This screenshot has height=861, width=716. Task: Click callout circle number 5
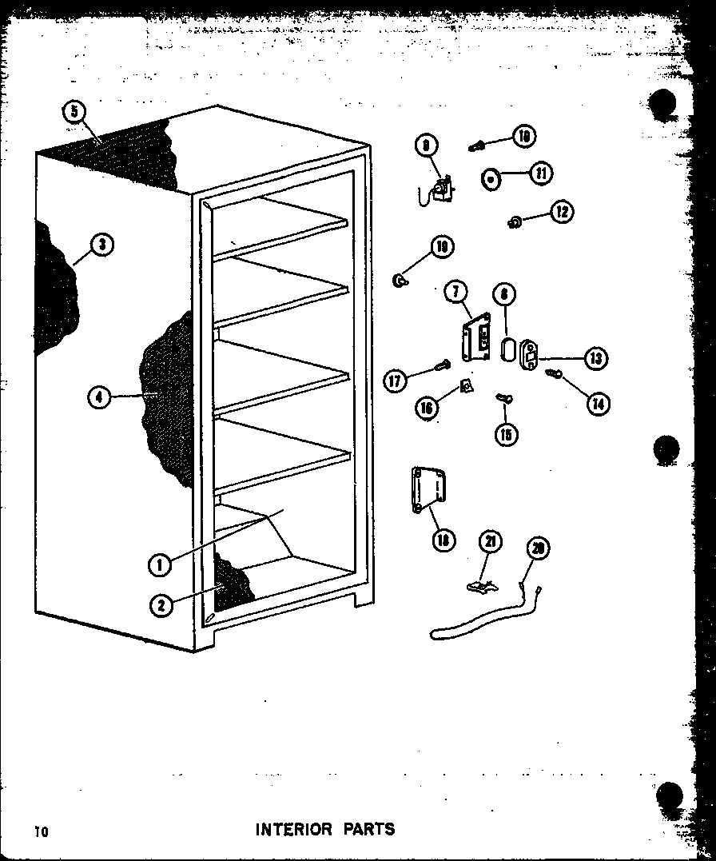pos(74,112)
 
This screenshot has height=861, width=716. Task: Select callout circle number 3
pos(101,245)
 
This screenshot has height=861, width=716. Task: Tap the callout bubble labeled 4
pos(98,396)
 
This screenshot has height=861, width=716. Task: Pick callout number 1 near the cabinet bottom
pos(160,564)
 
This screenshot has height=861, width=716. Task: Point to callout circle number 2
pos(161,605)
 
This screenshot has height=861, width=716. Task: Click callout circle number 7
pos(455,293)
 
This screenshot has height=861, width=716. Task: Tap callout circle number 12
pos(562,212)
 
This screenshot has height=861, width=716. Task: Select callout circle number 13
pos(595,358)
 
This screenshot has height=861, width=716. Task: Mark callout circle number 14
pos(597,404)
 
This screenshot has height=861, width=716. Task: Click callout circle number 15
pos(506,433)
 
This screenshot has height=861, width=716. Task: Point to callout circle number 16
pos(426,408)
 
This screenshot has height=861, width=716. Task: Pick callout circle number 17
pos(395,381)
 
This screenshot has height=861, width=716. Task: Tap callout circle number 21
pos(490,541)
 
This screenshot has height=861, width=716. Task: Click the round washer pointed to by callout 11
pos(491,179)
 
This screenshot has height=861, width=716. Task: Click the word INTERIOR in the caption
pos(292,829)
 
